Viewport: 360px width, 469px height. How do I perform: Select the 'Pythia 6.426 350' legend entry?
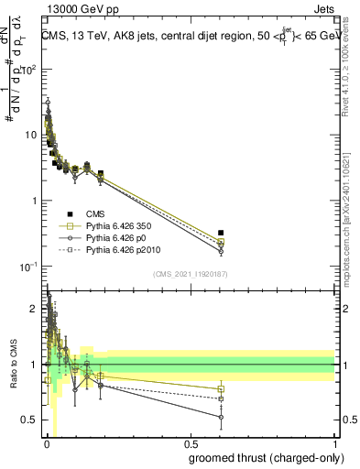click(x=123, y=224)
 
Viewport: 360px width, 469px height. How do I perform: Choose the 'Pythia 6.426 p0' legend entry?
click(x=120, y=236)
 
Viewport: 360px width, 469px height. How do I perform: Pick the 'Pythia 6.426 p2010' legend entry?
click(x=126, y=248)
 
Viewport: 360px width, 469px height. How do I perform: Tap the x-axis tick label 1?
click(x=334, y=442)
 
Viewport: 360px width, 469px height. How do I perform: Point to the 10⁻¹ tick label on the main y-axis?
click(x=29, y=266)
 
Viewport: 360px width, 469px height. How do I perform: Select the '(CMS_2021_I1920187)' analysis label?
click(x=190, y=273)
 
